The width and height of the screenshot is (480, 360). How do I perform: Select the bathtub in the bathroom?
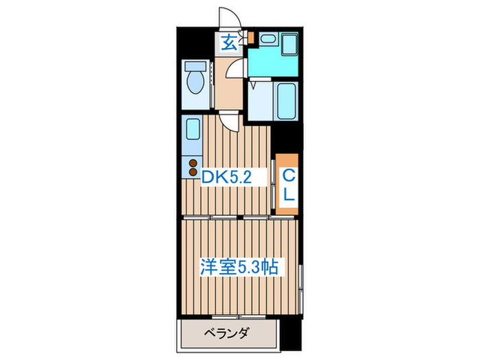point(285,101)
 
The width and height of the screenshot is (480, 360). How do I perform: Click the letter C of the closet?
point(289,174)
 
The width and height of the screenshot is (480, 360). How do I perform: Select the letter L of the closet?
point(289,194)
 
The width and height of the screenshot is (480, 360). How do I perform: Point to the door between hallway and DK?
point(232,120)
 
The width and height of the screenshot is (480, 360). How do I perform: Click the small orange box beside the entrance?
point(251,36)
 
